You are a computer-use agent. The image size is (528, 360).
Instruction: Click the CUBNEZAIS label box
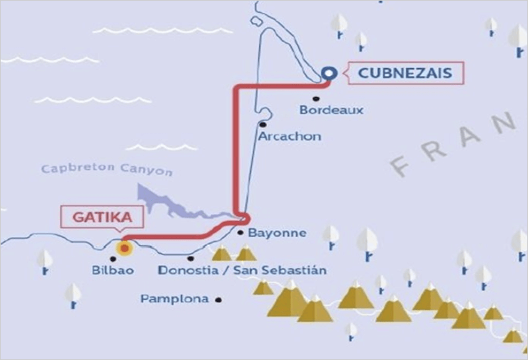pyautogui.click(x=405, y=73)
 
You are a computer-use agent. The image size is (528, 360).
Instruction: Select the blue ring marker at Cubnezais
pyautogui.click(x=327, y=74)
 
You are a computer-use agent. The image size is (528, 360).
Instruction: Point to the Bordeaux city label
pyautogui.click(x=331, y=110)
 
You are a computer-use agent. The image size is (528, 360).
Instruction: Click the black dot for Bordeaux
pyautogui.click(x=316, y=98)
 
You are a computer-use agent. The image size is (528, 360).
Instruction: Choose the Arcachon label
pyautogui.click(x=290, y=136)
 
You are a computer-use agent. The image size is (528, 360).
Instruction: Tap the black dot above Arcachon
pyautogui.click(x=263, y=124)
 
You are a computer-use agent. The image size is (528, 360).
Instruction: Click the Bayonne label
pyautogui.click(x=277, y=233)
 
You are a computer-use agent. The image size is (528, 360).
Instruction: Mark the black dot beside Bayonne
pyautogui.click(x=241, y=233)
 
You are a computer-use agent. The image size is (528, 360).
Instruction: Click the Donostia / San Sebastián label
pyautogui.click(x=243, y=270)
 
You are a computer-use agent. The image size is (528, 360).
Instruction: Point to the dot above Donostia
pyautogui.click(x=191, y=258)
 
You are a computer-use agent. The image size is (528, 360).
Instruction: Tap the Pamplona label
pyautogui.click(x=174, y=299)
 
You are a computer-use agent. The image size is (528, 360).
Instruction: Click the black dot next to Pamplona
pyautogui.click(x=218, y=299)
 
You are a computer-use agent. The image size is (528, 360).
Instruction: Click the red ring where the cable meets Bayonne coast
pyautogui.click(x=244, y=219)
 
